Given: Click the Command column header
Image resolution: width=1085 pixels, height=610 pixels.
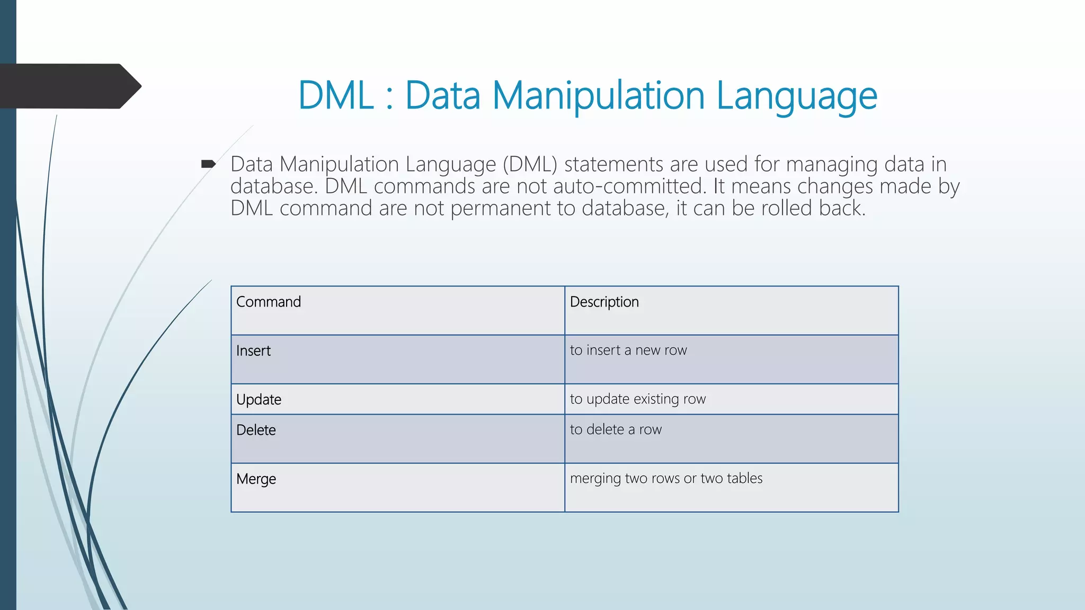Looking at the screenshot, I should pyautogui.click(x=269, y=302).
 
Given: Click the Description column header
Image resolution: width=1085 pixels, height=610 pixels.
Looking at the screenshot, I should pyautogui.click(x=604, y=302).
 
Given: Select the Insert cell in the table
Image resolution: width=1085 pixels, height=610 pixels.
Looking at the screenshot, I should pyautogui.click(x=253, y=351).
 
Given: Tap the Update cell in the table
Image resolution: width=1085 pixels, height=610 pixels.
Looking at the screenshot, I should pyautogui.click(x=259, y=399).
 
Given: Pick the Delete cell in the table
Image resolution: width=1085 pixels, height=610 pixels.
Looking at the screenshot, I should pyautogui.click(x=256, y=430).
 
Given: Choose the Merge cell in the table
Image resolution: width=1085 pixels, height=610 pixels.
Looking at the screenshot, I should pyautogui.click(x=256, y=479).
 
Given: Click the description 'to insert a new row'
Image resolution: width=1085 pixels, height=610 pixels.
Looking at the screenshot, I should pyautogui.click(x=628, y=350).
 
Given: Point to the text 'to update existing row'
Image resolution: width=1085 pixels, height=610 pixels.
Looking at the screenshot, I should pyautogui.click(x=638, y=399).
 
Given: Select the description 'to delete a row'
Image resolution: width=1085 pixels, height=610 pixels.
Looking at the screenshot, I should pyautogui.click(x=616, y=429).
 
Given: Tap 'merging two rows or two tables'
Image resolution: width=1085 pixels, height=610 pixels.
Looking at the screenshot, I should pyautogui.click(x=666, y=478).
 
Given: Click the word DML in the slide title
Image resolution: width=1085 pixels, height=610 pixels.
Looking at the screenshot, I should pyautogui.click(x=336, y=96).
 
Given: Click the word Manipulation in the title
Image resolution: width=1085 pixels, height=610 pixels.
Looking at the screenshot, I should pyautogui.click(x=598, y=96).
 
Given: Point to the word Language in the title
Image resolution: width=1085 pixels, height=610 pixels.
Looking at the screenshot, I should pyautogui.click(x=797, y=96).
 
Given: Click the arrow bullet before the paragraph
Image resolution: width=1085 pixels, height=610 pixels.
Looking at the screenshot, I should pyautogui.click(x=208, y=164).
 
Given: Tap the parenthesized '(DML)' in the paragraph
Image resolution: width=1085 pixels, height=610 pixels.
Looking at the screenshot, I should pyautogui.click(x=530, y=164).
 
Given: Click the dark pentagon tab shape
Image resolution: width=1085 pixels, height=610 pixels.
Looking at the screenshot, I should pyautogui.click(x=69, y=86).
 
